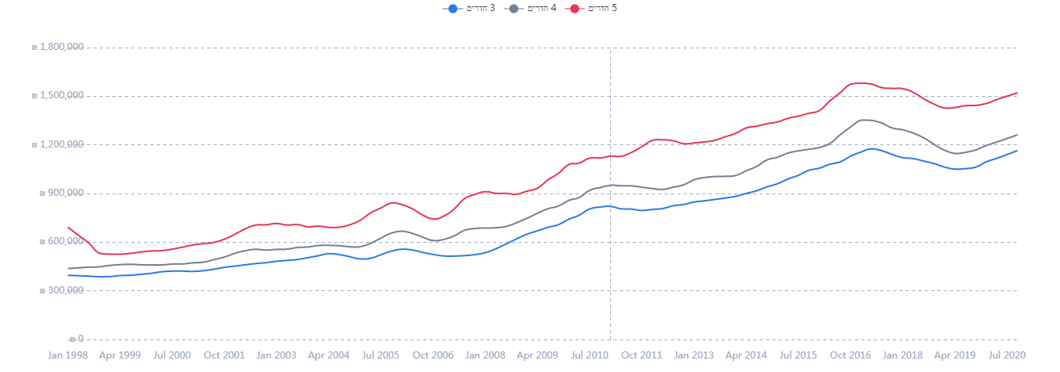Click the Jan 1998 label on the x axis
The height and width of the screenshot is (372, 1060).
[x=68, y=355]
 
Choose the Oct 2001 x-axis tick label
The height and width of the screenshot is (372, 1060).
[x=224, y=355]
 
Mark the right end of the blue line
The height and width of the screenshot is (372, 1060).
[x=1017, y=151]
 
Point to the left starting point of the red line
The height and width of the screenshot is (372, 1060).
[x=68, y=227]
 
